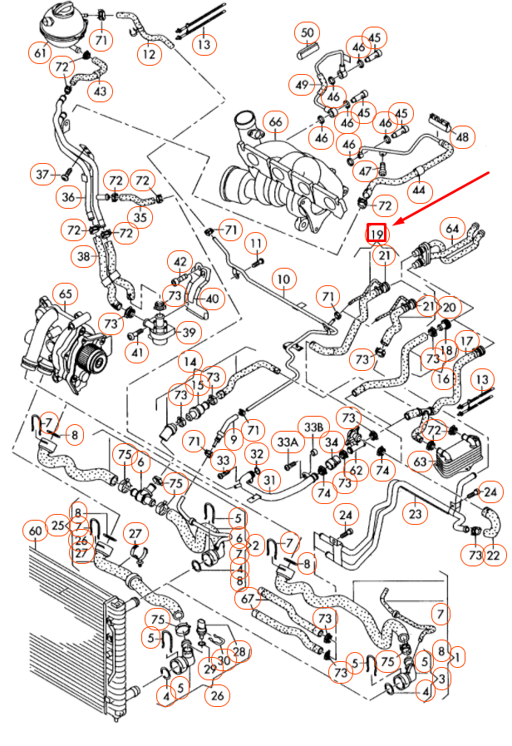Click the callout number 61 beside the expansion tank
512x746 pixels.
[x=40, y=53]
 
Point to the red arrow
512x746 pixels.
[x=441, y=196]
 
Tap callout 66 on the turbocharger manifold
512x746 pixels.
[x=275, y=122]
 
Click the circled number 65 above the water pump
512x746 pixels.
[x=64, y=294]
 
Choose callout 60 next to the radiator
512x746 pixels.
[x=35, y=531]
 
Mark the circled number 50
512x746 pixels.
[x=308, y=34]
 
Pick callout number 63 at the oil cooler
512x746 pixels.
[x=421, y=461]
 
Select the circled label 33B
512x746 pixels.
[x=313, y=427]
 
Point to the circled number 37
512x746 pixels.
[x=42, y=174]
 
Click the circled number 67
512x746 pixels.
[x=247, y=597]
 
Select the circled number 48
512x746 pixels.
[x=463, y=136]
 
